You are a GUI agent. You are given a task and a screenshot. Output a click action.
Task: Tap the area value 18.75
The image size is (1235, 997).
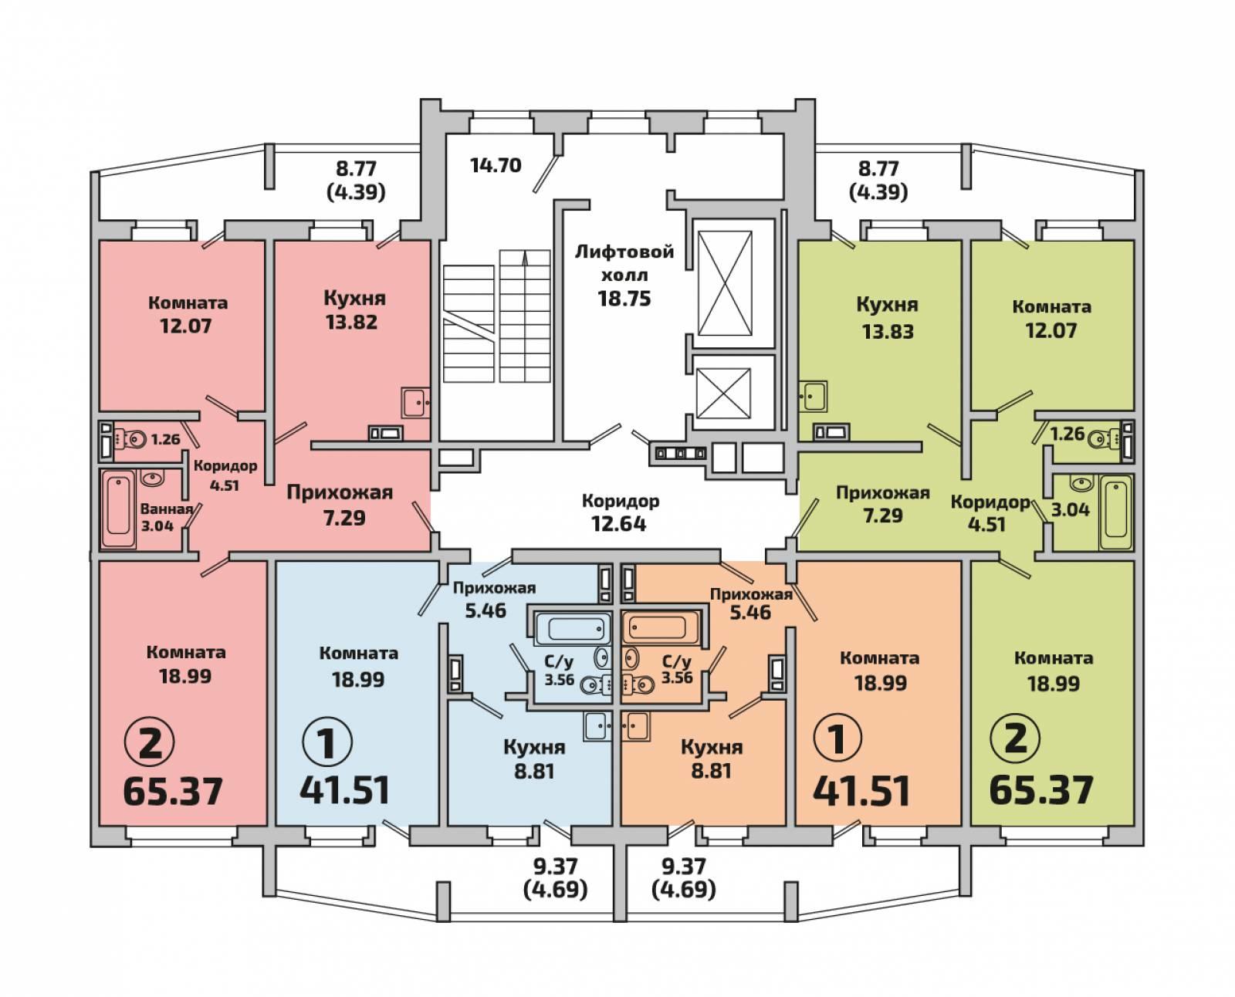[x=624, y=298]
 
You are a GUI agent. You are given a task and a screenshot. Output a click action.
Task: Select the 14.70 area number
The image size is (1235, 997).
[x=496, y=165]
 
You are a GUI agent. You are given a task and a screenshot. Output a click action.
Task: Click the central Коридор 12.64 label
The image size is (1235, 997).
[x=621, y=512]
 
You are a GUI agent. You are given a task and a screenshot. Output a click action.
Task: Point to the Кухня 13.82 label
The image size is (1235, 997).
[x=354, y=309]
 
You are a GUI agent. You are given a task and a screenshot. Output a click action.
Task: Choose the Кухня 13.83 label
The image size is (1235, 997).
[x=888, y=318]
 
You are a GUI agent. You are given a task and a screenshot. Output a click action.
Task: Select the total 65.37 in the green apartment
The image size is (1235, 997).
[x=1041, y=789]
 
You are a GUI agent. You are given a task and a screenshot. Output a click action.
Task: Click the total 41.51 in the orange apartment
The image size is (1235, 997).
[x=861, y=791]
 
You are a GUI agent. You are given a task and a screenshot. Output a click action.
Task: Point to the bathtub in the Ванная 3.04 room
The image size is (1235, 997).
[x=118, y=509]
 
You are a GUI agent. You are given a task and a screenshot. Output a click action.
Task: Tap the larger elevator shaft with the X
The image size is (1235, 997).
[x=726, y=283]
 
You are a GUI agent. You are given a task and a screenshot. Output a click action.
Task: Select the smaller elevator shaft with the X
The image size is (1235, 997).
[x=723, y=393]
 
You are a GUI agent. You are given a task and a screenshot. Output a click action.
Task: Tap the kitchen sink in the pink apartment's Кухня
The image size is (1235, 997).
[x=416, y=403]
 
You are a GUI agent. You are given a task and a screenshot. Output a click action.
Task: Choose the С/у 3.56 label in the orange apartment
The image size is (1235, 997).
[x=677, y=669]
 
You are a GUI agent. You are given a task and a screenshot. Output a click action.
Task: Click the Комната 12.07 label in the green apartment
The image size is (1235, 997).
[x=1052, y=318]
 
